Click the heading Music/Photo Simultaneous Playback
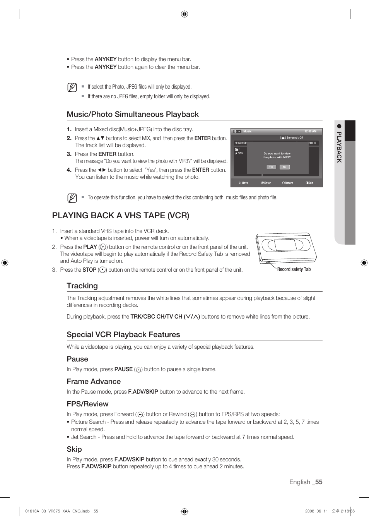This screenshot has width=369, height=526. tap(133, 114)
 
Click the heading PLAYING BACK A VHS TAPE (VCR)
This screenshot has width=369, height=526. tap(121, 216)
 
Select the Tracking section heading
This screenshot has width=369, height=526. tap(82, 286)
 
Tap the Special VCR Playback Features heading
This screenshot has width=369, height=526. tap(123, 334)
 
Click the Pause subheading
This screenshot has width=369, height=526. tap(77, 359)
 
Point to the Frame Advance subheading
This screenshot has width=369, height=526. tap(94, 381)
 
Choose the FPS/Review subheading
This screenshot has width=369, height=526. tap(87, 404)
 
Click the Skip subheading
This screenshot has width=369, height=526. tap(74, 449)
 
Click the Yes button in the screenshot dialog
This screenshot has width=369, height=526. tap(271, 167)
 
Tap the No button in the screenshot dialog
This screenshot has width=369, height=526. tap(285, 167)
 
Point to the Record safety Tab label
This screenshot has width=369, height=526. tap(294, 269)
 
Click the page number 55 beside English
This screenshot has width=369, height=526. tap(318, 482)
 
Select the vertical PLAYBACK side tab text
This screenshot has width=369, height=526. tap(339, 147)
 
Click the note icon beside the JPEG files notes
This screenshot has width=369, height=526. tap(72, 87)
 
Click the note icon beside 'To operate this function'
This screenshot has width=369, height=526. tap(72, 198)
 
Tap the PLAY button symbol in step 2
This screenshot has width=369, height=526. tap(103, 247)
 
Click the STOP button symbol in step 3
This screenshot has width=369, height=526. tap(102, 270)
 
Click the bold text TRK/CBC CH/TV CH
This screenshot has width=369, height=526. tap(156, 317)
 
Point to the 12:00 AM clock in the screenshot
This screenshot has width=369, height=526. tap(310, 131)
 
